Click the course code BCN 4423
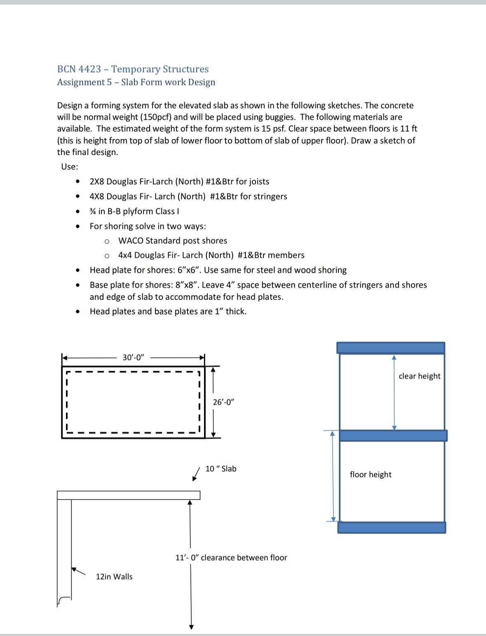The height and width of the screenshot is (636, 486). (79, 69)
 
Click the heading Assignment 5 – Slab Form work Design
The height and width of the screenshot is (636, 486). (136, 82)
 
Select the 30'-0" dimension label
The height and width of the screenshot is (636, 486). (133, 357)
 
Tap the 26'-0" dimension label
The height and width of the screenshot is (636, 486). (223, 402)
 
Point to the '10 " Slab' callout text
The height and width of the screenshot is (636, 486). (221, 469)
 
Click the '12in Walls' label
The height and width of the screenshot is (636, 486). (114, 577)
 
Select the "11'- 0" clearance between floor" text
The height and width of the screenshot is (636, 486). (231, 558)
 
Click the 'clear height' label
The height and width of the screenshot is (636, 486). (419, 376)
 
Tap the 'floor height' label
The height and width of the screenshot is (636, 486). (371, 474)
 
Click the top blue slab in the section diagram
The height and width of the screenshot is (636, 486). (390, 348)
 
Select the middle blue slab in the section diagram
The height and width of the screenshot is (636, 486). (393, 436)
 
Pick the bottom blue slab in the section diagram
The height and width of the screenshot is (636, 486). (392, 528)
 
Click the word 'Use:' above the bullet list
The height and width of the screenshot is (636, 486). (70, 167)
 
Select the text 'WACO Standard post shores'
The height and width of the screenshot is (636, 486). (173, 240)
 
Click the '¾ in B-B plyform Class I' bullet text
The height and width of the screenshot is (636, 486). (134, 211)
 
